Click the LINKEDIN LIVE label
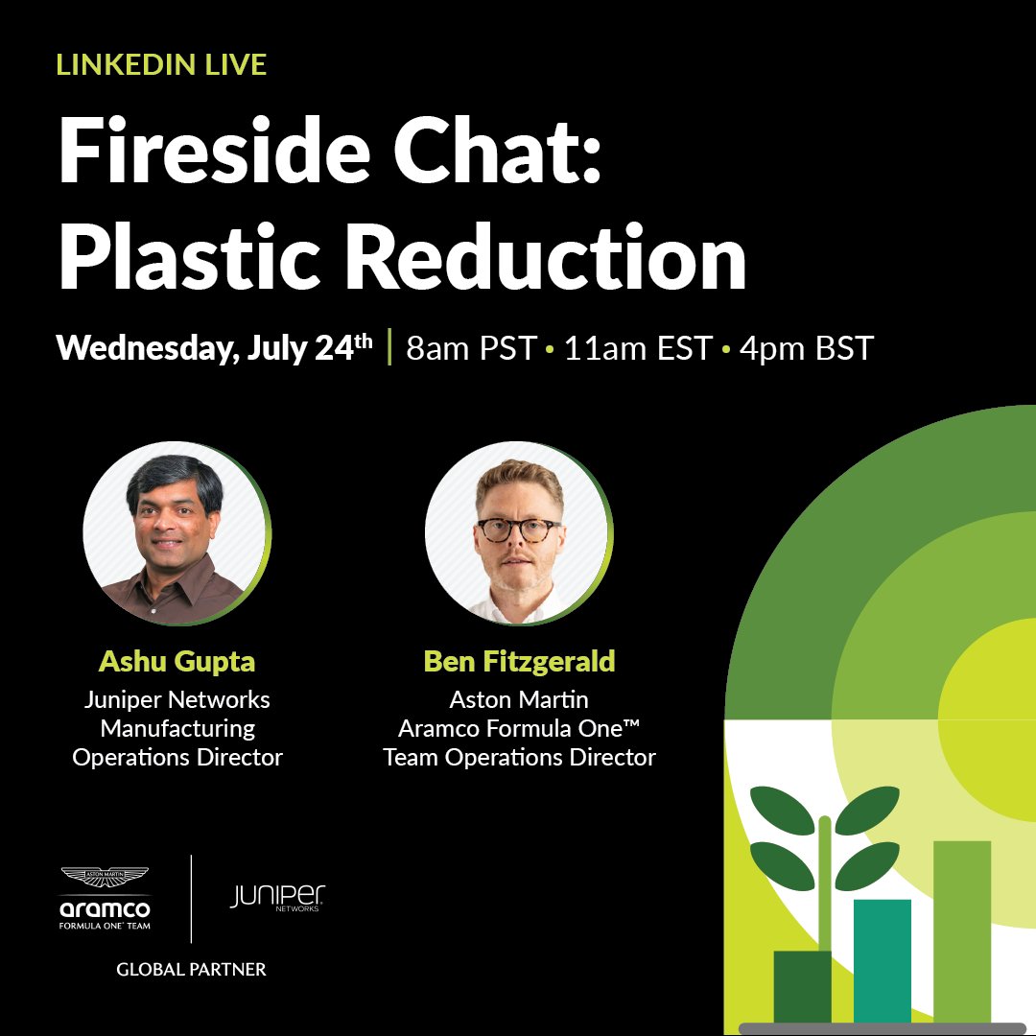pyautogui.click(x=161, y=64)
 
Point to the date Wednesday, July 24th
pyautogui.click(x=214, y=347)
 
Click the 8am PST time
pyautogui.click(x=470, y=348)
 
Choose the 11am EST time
pyautogui.click(x=638, y=348)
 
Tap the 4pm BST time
pyautogui.click(x=807, y=348)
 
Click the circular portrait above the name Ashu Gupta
pyautogui.click(x=177, y=533)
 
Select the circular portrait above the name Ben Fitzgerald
pyautogui.click(x=519, y=533)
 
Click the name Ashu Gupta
pyautogui.click(x=177, y=662)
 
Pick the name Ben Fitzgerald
pyautogui.click(x=519, y=662)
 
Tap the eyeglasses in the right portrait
pyautogui.click(x=519, y=530)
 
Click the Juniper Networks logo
pyautogui.click(x=277, y=898)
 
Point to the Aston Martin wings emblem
pyautogui.click(x=105, y=876)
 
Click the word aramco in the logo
pyautogui.click(x=105, y=907)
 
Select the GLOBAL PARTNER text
pyautogui.click(x=191, y=970)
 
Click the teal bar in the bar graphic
pyautogui.click(x=882, y=959)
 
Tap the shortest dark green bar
pyautogui.click(x=802, y=985)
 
